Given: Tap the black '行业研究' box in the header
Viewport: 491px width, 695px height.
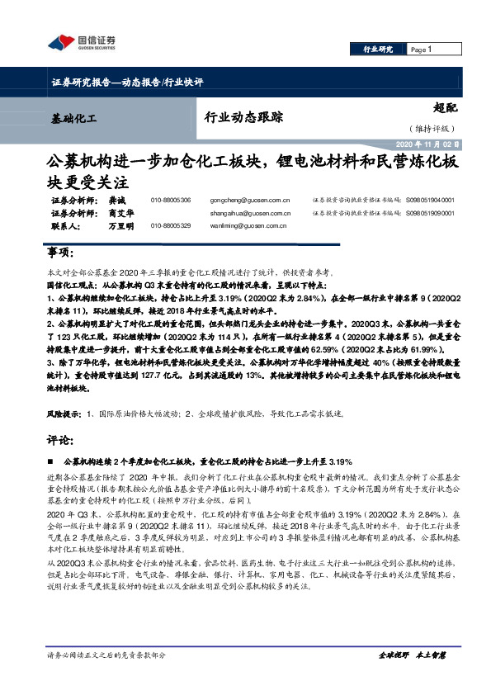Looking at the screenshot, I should [x=378, y=50].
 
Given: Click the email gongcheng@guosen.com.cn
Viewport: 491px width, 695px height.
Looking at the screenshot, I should [x=250, y=201].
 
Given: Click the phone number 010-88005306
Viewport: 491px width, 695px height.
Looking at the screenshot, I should [x=171, y=201].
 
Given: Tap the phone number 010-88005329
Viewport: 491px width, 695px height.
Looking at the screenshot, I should [x=171, y=225].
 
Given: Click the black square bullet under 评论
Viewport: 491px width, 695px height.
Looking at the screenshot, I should [x=52, y=461].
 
